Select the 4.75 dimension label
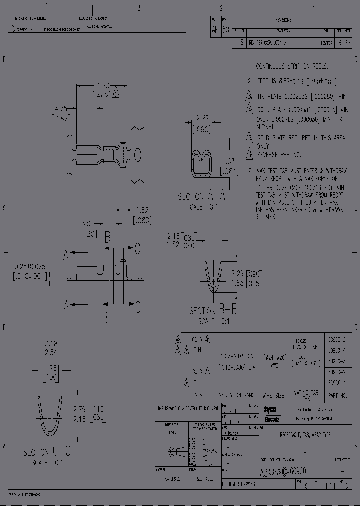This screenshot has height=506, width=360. (61, 108)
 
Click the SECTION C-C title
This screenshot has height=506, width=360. (47, 453)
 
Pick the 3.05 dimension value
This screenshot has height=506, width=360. (88, 224)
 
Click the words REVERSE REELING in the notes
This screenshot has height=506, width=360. (279, 155)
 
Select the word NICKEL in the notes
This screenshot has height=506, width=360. (266, 127)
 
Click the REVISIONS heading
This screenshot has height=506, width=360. (283, 20)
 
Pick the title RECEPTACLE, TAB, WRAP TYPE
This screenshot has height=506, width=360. (305, 435)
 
